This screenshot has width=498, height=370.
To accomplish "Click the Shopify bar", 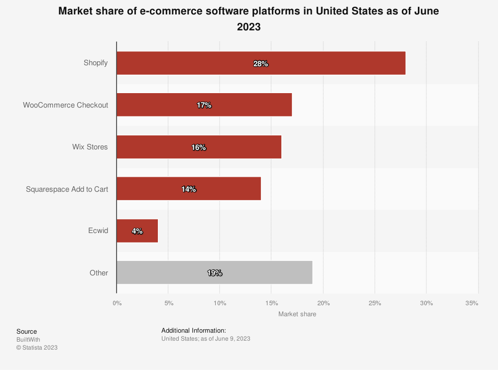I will coord(261,63).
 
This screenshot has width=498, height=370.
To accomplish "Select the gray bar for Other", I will coord(214,272).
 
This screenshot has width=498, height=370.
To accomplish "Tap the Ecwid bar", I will coord(137,231).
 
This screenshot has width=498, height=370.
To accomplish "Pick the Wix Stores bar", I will coord(199,147).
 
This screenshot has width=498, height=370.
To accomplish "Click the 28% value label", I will coord(260,64).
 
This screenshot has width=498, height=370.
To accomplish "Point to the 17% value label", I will coord(204,106).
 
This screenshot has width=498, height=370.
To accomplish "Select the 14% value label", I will coord(188,189).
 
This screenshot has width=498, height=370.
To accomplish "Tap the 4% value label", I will coord(137,231).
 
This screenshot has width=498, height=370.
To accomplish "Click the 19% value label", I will coord(214,273).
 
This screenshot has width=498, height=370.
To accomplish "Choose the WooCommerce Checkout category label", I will coord(65,105).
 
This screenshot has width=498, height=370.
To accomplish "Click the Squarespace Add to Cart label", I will coord(67,189).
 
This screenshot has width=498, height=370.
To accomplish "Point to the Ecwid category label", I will coord(98,231).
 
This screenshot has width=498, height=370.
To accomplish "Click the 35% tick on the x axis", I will coord(472,303).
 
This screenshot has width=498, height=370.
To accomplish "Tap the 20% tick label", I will coord(323,303).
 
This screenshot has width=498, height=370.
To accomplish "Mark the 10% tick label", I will coord(220,303).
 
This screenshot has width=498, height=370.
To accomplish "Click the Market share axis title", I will coord(297,314).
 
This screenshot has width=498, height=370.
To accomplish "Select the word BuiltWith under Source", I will coord(28,340).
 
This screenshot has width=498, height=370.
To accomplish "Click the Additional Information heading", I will coord(194,331).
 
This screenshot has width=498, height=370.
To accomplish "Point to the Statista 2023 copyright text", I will coord(37,348).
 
